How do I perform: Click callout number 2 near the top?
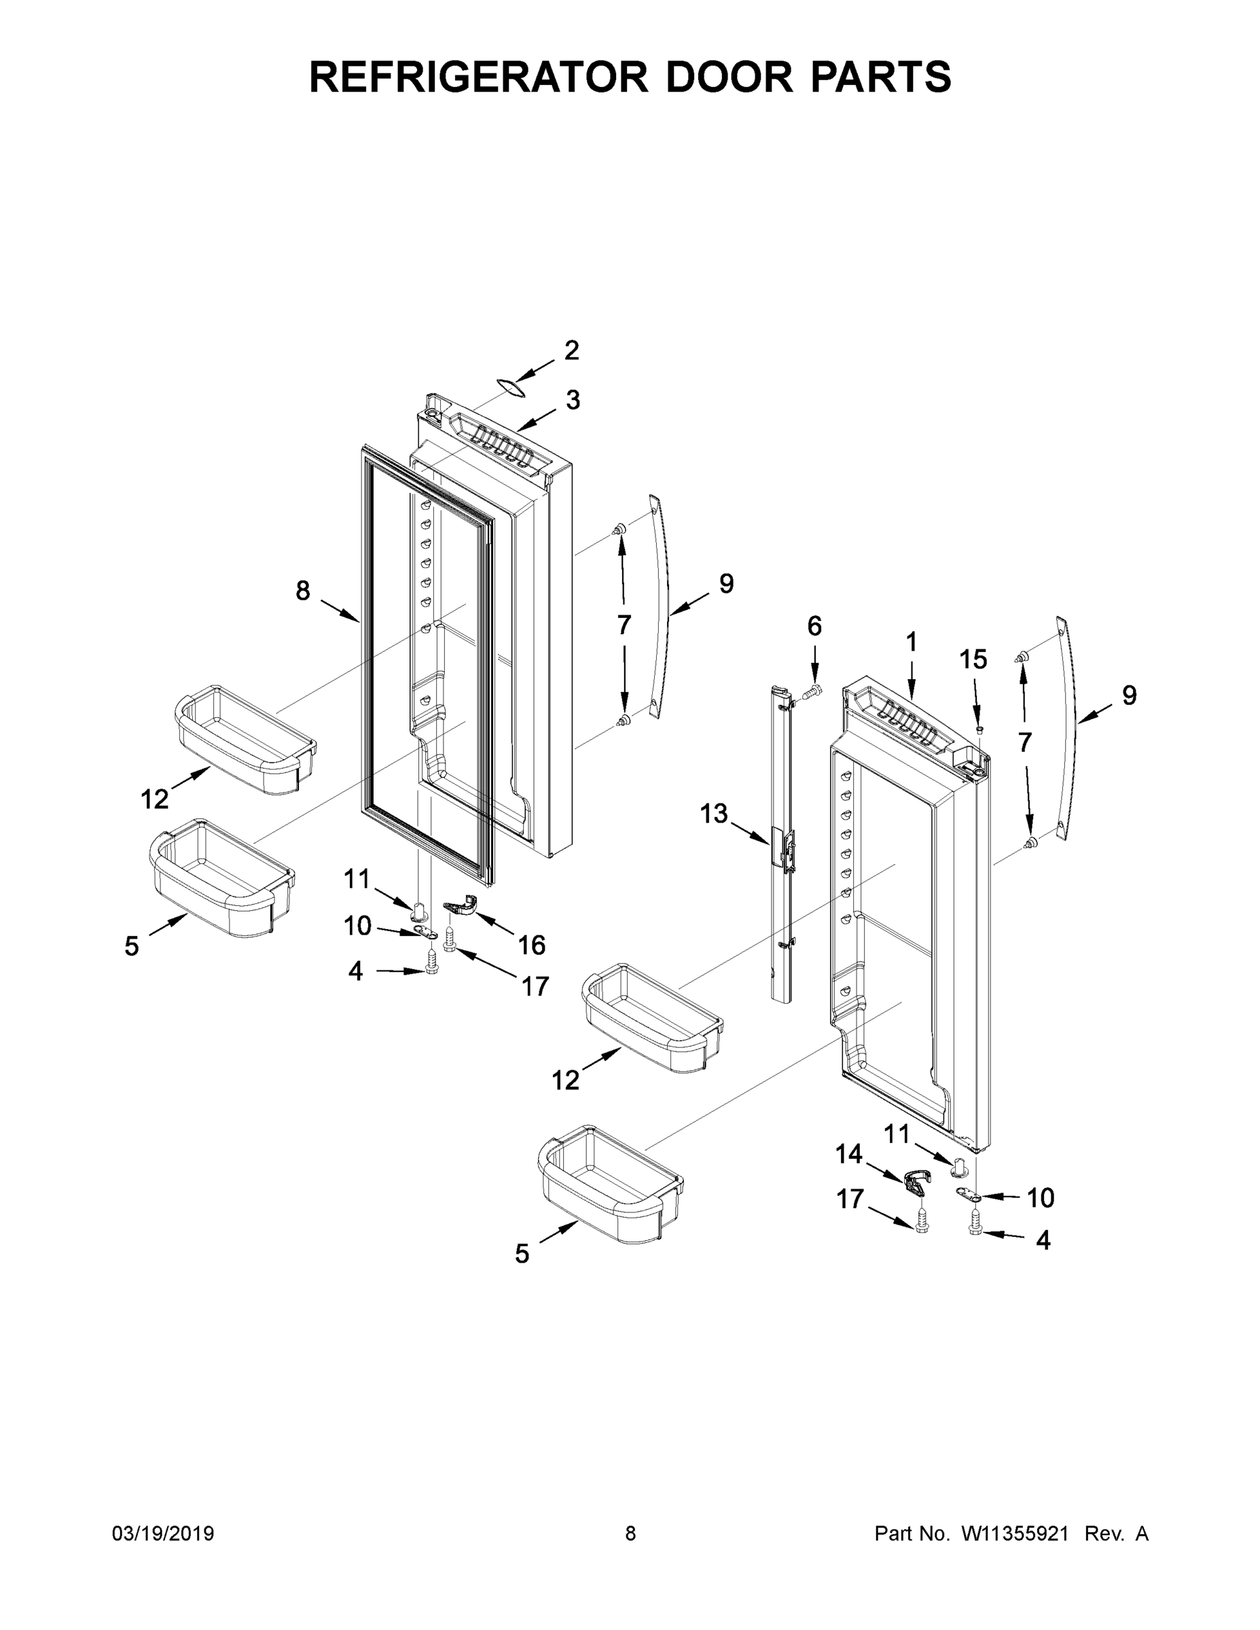[x=571, y=350]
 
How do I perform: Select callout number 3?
[x=573, y=400]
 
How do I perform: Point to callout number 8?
[x=302, y=591]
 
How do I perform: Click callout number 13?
[x=714, y=814]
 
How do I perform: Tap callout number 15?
[x=973, y=659]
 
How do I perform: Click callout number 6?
[x=814, y=626]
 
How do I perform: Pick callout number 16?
[x=531, y=945]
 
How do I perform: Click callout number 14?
[x=848, y=1155]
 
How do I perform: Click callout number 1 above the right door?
[x=912, y=641]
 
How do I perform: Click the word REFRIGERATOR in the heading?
[x=478, y=76]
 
